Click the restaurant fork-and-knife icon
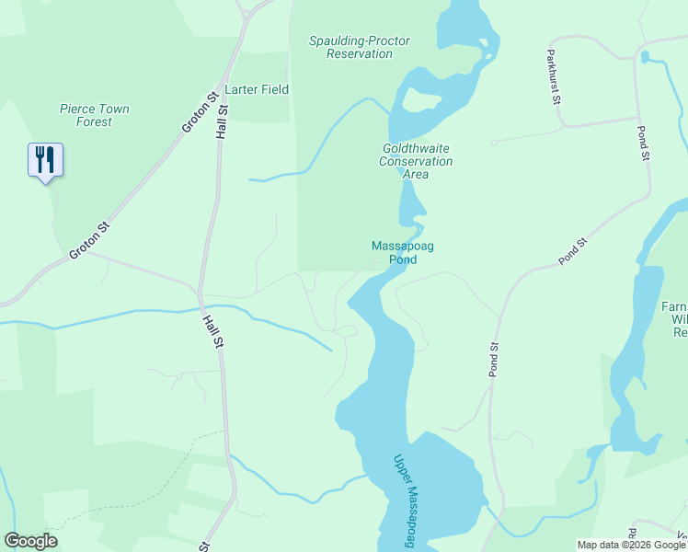click(x=45, y=160)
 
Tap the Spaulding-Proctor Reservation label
click(x=360, y=47)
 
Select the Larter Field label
click(x=258, y=89)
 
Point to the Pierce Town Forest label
click(x=94, y=115)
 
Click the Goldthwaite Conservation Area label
click(x=417, y=160)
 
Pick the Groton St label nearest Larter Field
click(x=200, y=111)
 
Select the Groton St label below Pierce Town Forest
click(x=90, y=240)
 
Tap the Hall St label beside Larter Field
click(x=222, y=121)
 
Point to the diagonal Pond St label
click(x=572, y=253)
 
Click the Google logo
click(x=30, y=541)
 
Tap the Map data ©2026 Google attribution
click(x=631, y=545)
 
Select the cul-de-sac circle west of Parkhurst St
click(x=494, y=143)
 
